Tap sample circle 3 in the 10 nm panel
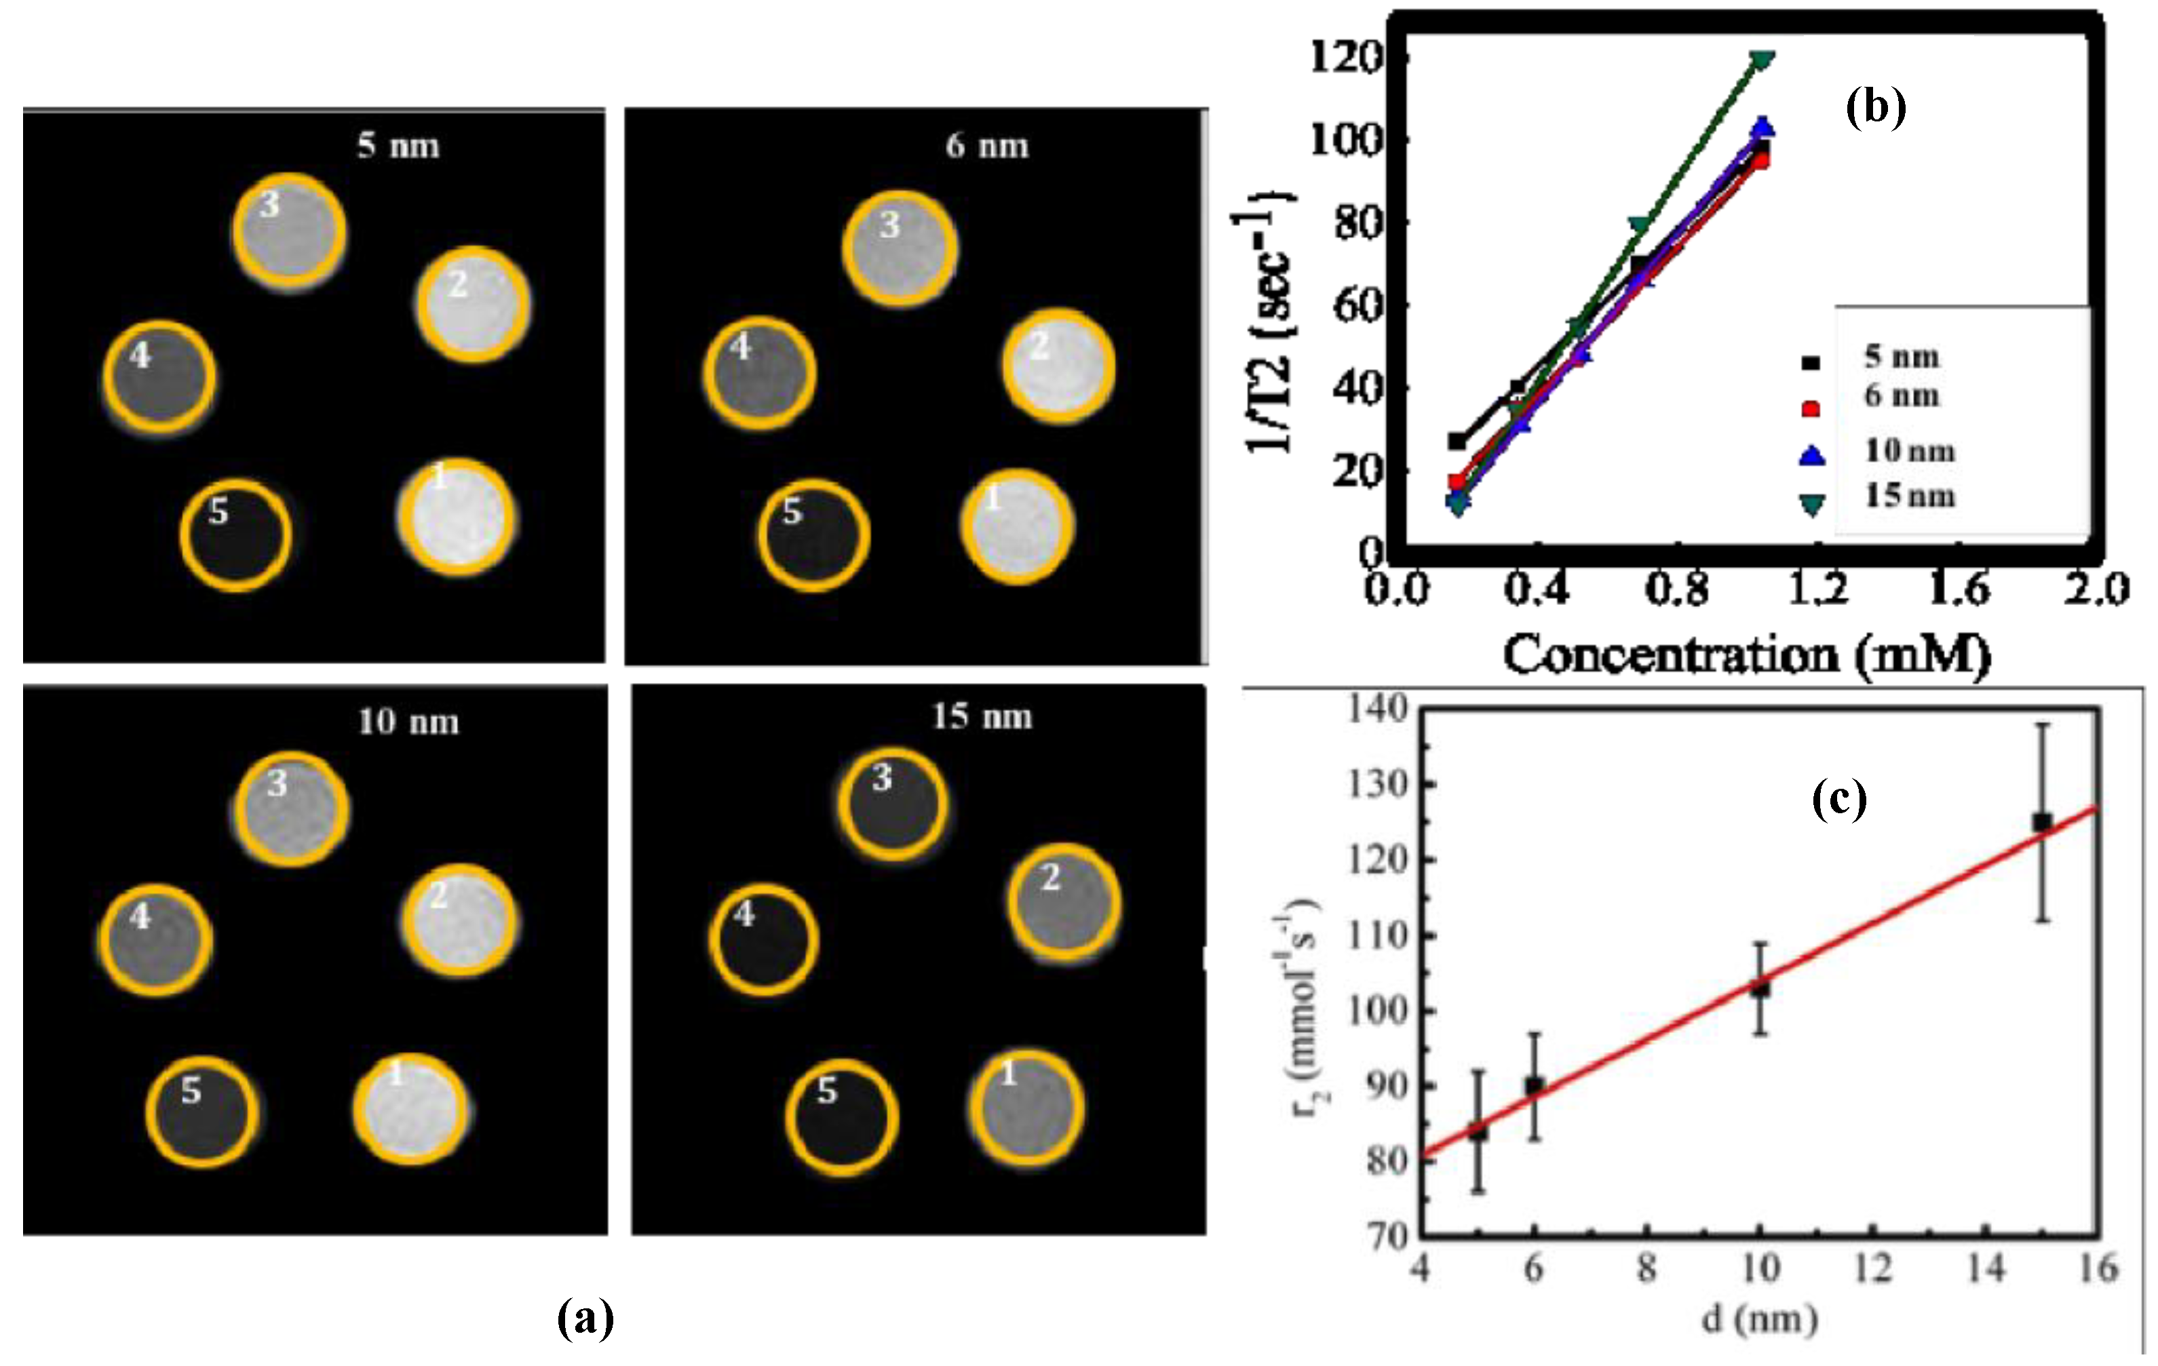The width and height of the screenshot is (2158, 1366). click(290, 809)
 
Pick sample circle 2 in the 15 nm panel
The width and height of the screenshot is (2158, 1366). click(1064, 902)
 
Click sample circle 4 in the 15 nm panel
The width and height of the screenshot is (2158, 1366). click(764, 939)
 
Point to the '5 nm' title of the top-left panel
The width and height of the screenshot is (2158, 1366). click(398, 145)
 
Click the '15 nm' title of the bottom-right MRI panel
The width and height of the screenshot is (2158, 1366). click(982, 717)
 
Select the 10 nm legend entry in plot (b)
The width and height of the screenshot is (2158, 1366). click(1909, 450)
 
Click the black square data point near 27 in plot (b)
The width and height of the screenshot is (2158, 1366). click(1457, 441)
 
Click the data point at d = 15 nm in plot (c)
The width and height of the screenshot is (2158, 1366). click(2041, 821)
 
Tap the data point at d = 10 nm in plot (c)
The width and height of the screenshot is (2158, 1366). click(1760, 989)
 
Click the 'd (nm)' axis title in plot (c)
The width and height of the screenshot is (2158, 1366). click(1759, 1319)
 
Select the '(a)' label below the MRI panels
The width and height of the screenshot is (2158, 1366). click(585, 1318)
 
